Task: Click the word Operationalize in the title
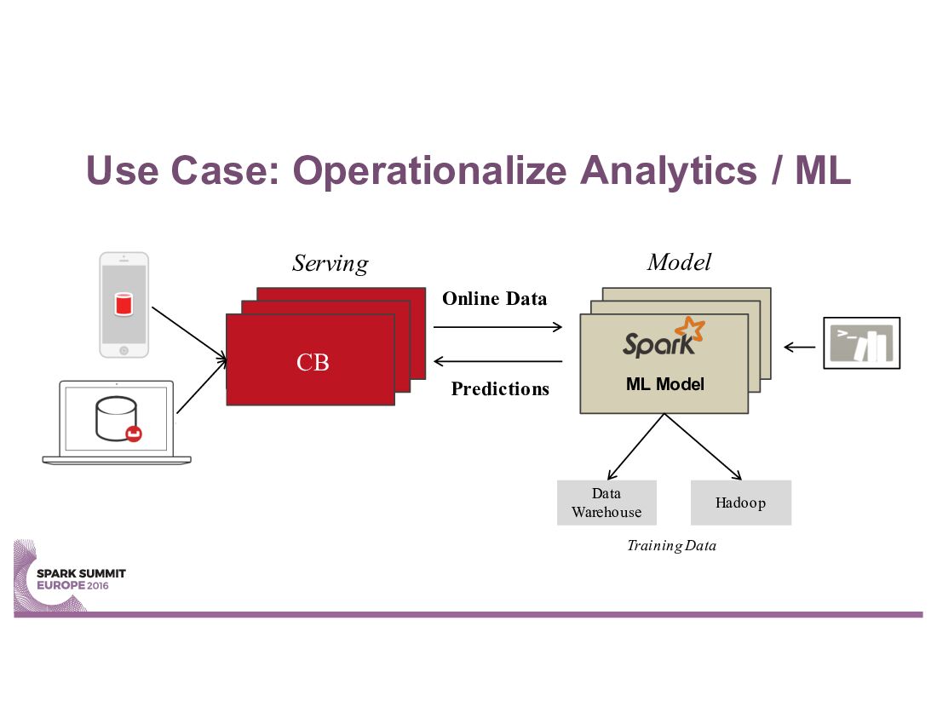[429, 171]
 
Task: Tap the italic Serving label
[331, 263]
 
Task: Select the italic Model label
[679, 261]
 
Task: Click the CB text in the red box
[313, 362]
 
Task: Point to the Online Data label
[494, 298]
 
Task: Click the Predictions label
[500, 389]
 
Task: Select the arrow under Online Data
[497, 327]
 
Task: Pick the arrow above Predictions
[497, 361]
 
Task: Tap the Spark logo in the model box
[664, 337]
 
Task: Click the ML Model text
[665, 383]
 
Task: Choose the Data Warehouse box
[606, 503]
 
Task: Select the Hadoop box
[741, 503]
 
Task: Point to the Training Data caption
[672, 545]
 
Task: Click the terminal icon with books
[862, 343]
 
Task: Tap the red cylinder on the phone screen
[124, 303]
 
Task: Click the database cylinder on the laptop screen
[118, 419]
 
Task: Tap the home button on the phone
[124, 351]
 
